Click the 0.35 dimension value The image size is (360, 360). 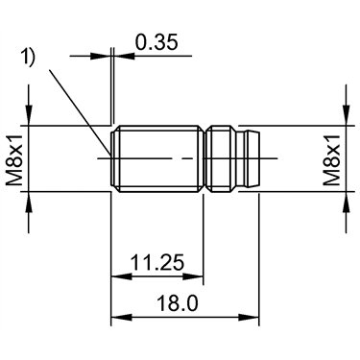[156, 42]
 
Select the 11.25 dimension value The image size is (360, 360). [157, 263]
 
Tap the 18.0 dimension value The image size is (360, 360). [178, 303]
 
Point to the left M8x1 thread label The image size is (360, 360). [14, 160]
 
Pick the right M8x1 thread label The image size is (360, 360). [331, 160]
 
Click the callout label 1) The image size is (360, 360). [28, 58]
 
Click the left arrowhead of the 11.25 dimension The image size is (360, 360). [121, 276]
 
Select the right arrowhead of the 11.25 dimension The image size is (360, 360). [193, 276]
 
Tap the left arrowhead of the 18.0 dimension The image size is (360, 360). [121, 318]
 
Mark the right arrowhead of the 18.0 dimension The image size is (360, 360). [249, 318]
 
